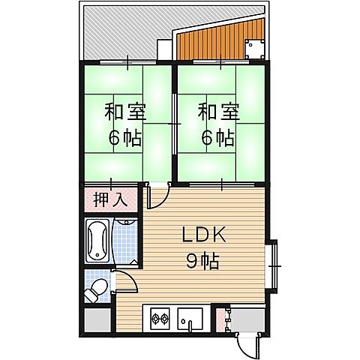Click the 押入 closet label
click(x=110, y=200)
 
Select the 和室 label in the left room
click(x=124, y=113)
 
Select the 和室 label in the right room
click(x=218, y=113)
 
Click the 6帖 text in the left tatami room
click(x=124, y=137)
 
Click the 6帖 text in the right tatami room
click(x=218, y=137)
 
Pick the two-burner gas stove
click(x=160, y=319)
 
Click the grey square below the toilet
click(x=95, y=320)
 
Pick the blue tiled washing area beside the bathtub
click(x=125, y=241)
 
